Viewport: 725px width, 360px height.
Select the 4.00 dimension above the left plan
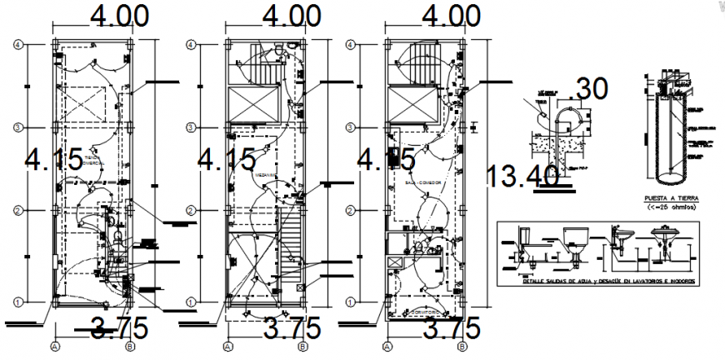click(115, 17)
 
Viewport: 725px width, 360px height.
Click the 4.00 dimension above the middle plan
click(290, 17)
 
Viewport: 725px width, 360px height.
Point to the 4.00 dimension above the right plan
click(451, 17)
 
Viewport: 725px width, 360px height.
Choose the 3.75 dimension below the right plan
click(452, 327)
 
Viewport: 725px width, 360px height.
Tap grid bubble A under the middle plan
click(227, 345)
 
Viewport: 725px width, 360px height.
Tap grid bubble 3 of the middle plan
click(191, 127)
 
